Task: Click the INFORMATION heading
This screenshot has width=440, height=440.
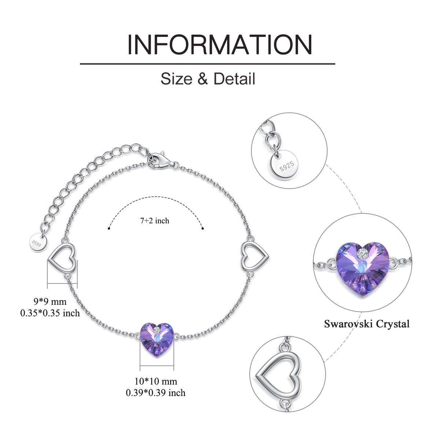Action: (220, 45)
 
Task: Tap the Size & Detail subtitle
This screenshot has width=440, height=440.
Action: (208, 79)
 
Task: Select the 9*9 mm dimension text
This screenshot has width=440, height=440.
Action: (50, 302)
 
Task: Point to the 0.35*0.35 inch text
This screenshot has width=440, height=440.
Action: (50, 313)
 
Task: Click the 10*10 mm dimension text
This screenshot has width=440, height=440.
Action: (156, 381)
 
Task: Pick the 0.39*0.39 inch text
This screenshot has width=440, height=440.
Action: (156, 393)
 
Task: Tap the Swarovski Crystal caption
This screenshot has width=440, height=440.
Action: (367, 324)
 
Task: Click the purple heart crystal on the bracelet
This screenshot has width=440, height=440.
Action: (157, 340)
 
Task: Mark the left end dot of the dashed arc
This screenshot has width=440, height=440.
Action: (109, 228)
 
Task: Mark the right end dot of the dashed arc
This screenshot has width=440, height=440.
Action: (203, 228)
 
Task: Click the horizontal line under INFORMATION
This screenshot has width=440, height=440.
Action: (208, 64)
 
